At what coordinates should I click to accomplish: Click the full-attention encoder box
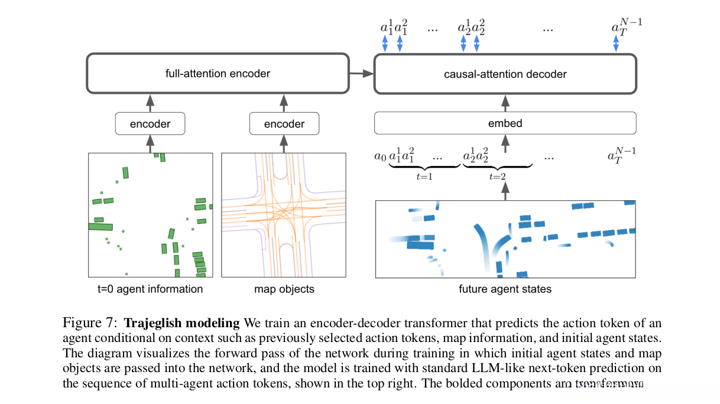[x=218, y=74]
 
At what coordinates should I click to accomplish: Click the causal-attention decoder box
[x=505, y=74]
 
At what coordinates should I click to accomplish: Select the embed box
[x=505, y=123]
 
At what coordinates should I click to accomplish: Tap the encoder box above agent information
[x=150, y=124]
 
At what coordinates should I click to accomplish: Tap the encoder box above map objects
[x=284, y=124]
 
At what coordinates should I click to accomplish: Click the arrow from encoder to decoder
[x=361, y=74]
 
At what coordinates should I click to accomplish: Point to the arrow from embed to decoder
[x=505, y=103]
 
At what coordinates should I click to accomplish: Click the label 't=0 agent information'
[x=150, y=289]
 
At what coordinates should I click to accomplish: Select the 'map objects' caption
[x=284, y=289]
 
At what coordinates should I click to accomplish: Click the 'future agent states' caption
[x=505, y=289]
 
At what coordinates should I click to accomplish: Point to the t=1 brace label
[x=424, y=176]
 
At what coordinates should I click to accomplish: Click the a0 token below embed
[x=380, y=157]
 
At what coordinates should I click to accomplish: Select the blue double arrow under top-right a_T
[x=615, y=43]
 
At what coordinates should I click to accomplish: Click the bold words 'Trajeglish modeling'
[x=182, y=323]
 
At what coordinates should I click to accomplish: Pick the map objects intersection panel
[x=284, y=215]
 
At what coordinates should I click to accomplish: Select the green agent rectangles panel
[x=150, y=215]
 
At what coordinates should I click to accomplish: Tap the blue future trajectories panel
[x=505, y=239]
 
